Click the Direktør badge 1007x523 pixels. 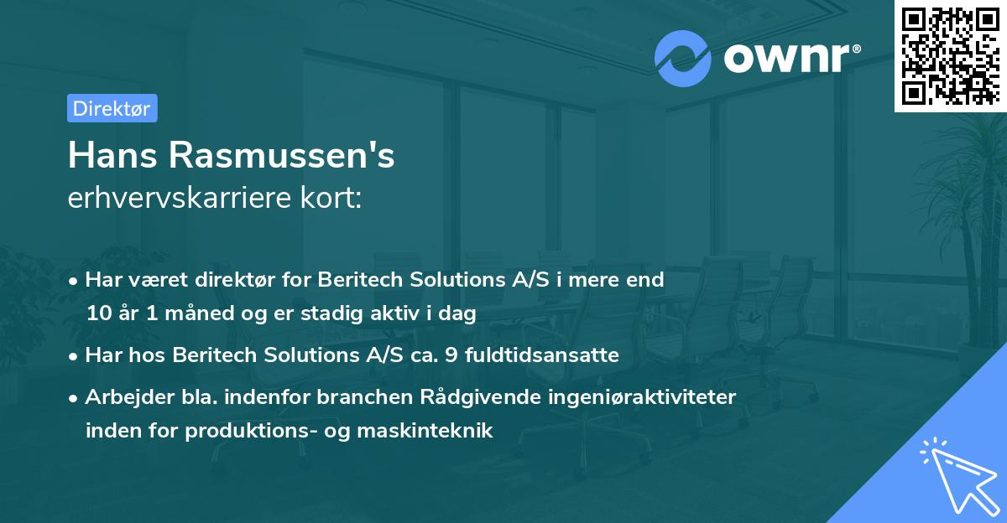112,108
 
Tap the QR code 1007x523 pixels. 950,55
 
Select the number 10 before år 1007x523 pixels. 97,314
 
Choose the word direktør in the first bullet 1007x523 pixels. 221,280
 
